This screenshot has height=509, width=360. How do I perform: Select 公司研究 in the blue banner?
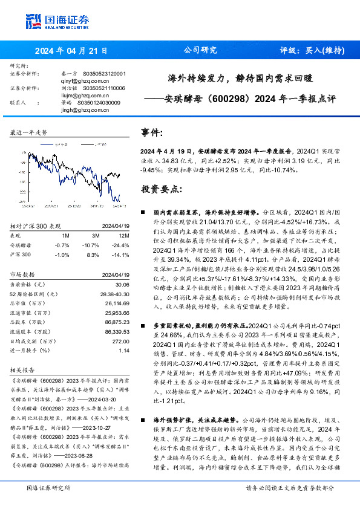200,51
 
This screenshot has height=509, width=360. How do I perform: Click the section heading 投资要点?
160,189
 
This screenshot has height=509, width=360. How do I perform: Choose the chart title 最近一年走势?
29,132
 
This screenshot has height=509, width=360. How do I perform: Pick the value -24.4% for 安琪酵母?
122,244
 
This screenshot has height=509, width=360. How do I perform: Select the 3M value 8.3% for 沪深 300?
93,254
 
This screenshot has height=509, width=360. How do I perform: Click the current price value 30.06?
123,283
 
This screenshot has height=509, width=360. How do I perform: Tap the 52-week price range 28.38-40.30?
115,293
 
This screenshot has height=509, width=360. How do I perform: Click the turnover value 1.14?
124,351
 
